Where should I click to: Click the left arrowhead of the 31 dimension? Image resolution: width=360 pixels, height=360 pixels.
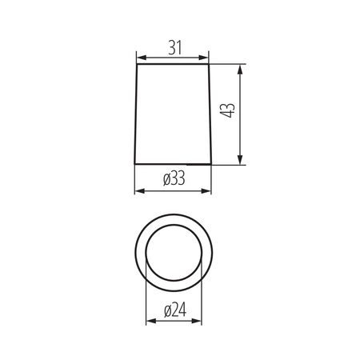[x=140, y=58]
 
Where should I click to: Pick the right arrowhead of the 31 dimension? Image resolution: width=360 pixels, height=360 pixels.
[x=206, y=58]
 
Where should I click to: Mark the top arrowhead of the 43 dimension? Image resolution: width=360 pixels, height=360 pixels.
[x=241, y=68]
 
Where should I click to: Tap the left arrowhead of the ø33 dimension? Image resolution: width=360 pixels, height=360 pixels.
[x=138, y=191]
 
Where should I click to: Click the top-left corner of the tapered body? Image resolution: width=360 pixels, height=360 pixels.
[x=138, y=64]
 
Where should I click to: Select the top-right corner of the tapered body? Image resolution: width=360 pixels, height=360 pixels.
[x=210, y=64]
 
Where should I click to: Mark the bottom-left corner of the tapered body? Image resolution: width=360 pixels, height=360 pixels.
[x=134, y=165]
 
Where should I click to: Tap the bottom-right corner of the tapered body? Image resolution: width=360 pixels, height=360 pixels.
[x=213, y=165]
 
